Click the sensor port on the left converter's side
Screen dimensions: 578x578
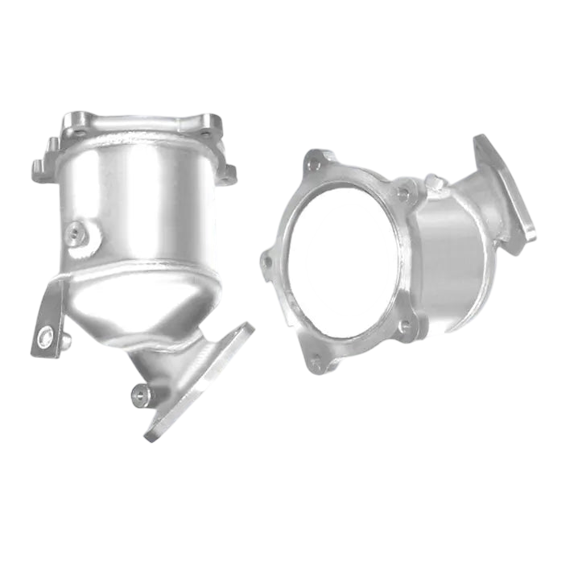(x=76, y=233)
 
